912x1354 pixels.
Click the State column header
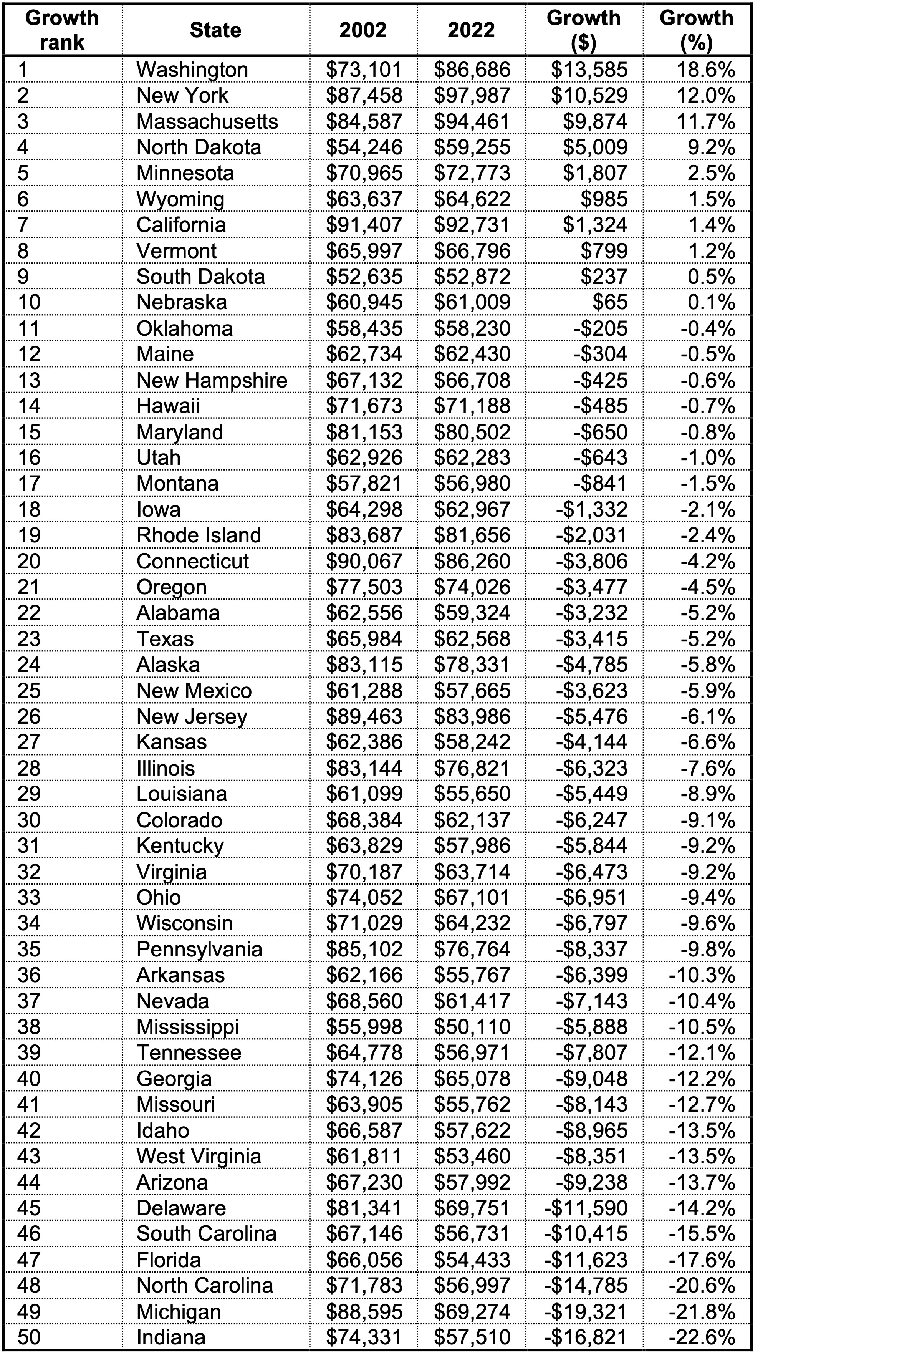coord(215,30)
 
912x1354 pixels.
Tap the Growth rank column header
coord(62,30)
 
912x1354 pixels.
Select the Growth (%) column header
coord(696,30)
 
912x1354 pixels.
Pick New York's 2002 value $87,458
coord(364,95)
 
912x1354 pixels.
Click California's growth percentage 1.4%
coord(711,225)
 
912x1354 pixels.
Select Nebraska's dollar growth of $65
coord(609,302)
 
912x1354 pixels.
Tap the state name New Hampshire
coord(212,380)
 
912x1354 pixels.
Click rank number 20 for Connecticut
coord(29,561)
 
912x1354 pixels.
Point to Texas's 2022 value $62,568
coord(472,639)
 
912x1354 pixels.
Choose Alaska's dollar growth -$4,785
coord(591,665)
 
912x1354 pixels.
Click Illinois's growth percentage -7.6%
coord(707,768)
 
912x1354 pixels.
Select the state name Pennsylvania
coord(199,949)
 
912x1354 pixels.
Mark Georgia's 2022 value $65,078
coord(472,1078)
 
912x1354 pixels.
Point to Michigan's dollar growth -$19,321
coord(586,1311)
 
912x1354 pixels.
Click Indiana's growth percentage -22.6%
coord(702,1337)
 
